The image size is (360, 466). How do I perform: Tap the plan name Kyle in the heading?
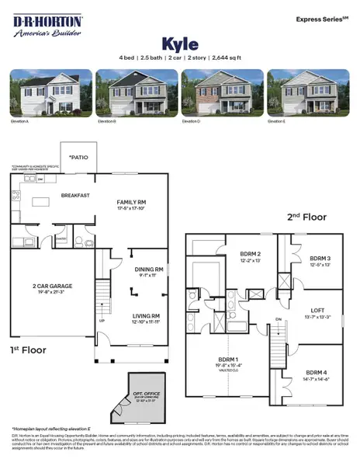(180, 43)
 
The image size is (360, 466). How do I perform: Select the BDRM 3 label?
(320, 259)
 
